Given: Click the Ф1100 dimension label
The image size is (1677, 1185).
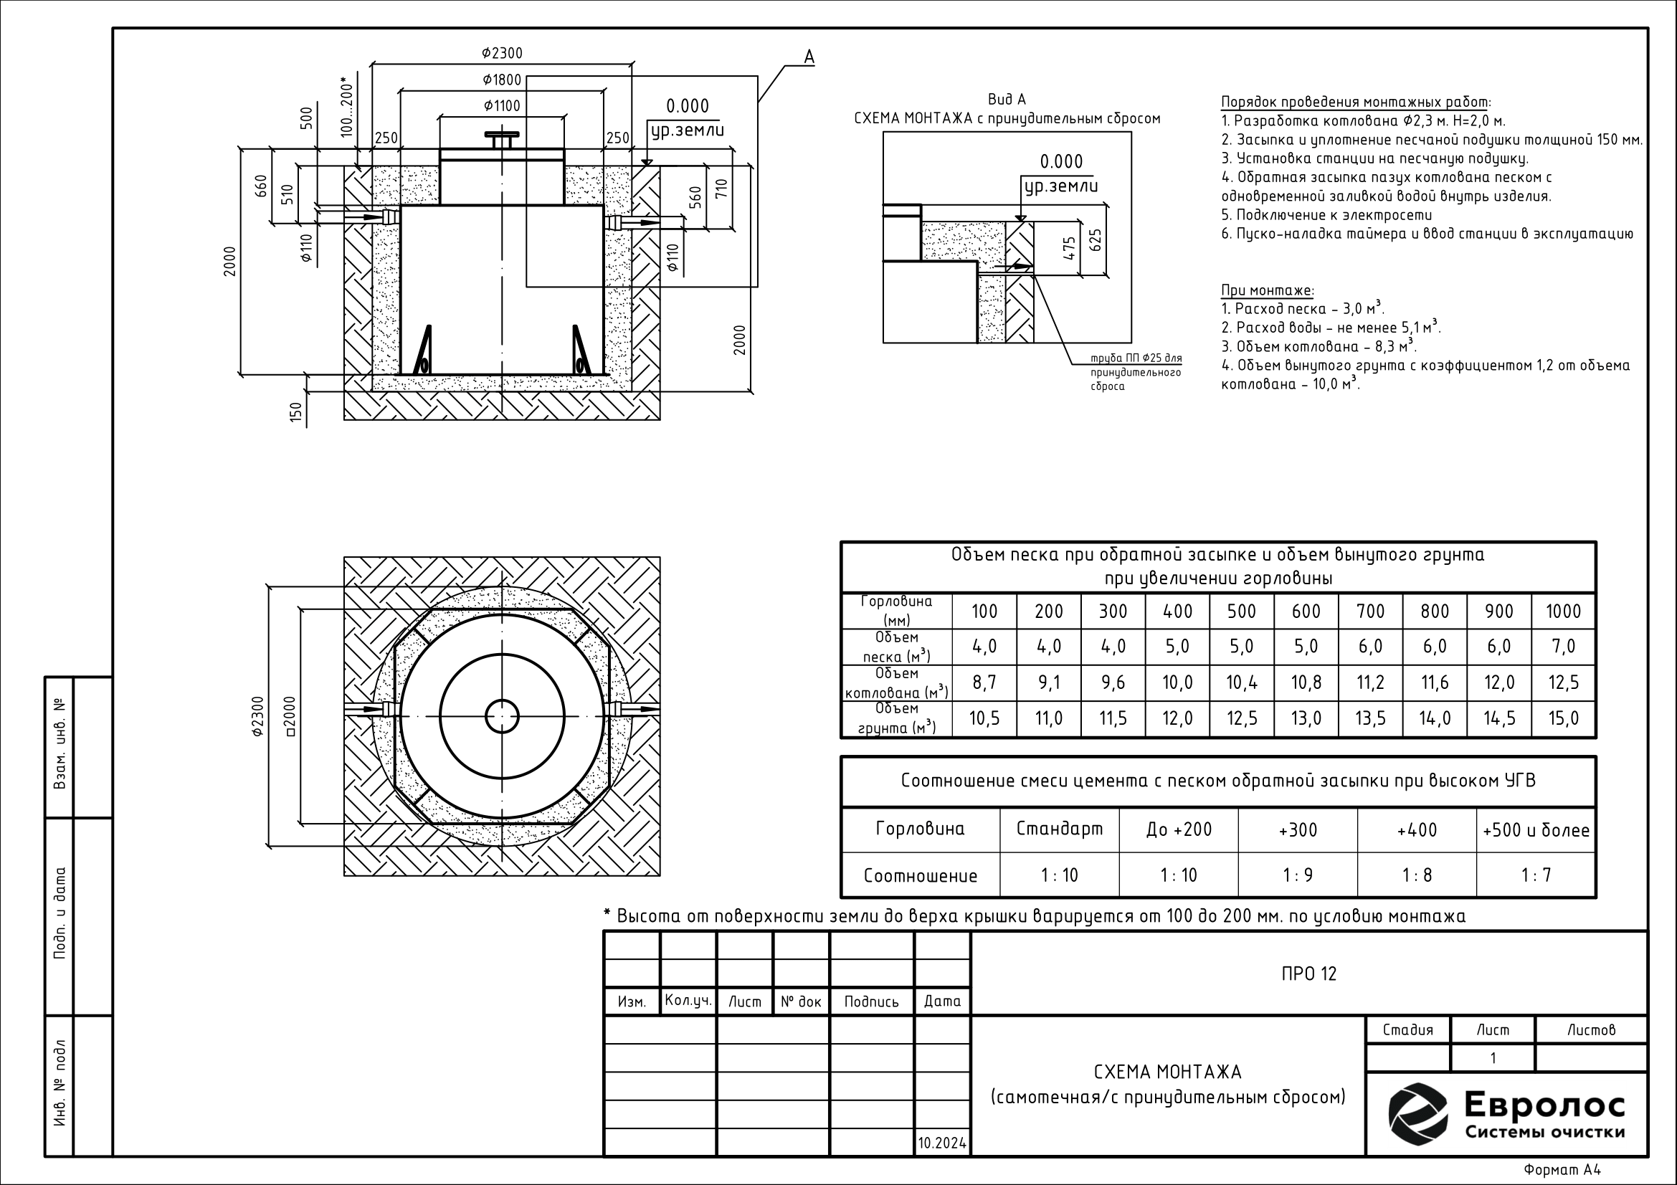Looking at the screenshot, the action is click(502, 106).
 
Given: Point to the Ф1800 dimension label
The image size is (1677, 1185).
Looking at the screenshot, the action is click(502, 80).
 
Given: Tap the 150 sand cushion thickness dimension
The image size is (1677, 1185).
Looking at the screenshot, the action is click(296, 412).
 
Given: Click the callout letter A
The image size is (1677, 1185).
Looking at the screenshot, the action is click(809, 57).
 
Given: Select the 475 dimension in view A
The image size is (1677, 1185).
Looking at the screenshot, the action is click(1069, 249).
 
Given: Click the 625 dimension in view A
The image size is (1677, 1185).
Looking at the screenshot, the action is click(1094, 240).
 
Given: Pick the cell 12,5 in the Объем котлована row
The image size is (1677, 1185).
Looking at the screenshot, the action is click(1563, 682).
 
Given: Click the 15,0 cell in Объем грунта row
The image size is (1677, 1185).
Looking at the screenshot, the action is click(1563, 719).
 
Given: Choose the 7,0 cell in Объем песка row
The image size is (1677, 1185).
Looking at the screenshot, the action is click(1563, 646).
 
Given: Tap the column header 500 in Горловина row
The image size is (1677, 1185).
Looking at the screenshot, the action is click(1242, 611).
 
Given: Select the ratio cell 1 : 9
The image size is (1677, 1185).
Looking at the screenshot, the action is click(1298, 875).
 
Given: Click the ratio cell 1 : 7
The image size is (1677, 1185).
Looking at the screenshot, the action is click(1536, 875).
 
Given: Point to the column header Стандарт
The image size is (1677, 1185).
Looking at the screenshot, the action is click(1060, 829).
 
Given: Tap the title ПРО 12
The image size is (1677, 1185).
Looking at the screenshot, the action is click(1309, 974).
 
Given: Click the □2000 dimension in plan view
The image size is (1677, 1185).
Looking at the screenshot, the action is click(290, 715).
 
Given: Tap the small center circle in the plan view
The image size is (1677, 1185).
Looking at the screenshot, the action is click(502, 715).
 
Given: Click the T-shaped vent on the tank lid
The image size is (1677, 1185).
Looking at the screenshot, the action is click(502, 141).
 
